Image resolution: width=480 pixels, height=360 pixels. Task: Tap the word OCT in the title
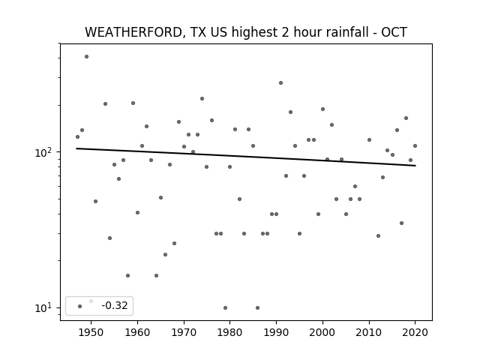(394, 32)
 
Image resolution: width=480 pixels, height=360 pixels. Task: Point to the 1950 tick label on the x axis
(91, 332)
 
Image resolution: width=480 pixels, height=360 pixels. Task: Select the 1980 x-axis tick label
(230, 332)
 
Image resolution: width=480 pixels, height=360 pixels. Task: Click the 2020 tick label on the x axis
(415, 332)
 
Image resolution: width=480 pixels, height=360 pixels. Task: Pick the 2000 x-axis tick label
(322, 332)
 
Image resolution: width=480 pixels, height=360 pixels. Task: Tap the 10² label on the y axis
(45, 151)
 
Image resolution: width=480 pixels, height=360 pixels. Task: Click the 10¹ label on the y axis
(45, 307)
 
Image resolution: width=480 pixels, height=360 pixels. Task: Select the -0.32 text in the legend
(115, 305)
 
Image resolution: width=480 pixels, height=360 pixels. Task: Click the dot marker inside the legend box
(80, 306)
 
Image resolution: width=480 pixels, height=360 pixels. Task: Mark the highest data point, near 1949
(87, 57)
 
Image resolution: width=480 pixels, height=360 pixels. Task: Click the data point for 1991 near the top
(280, 83)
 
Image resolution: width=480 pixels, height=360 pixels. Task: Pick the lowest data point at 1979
(225, 307)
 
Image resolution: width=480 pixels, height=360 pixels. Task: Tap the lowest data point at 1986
(257, 307)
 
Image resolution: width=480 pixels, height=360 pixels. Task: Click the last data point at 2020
(415, 145)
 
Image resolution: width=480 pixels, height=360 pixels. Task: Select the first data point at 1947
(77, 136)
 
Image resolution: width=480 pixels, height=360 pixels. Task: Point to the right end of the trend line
(415, 166)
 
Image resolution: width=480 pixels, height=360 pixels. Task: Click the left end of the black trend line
(76, 148)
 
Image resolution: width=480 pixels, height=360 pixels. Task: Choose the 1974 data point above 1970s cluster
(202, 98)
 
